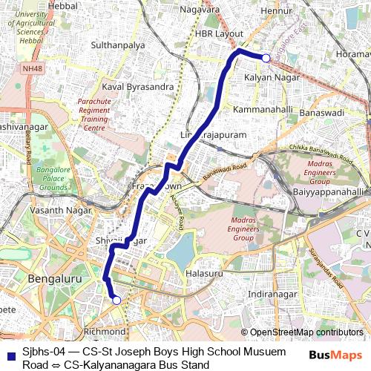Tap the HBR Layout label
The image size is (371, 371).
pos(219,34)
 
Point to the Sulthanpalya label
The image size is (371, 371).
pos(117,45)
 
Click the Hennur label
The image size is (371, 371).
pos(278,10)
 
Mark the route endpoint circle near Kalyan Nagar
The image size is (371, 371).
pos(266,58)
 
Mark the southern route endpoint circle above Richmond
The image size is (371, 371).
pos(116,300)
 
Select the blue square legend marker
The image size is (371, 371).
pos(9,355)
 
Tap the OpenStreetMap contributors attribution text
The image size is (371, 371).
pos(307,332)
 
